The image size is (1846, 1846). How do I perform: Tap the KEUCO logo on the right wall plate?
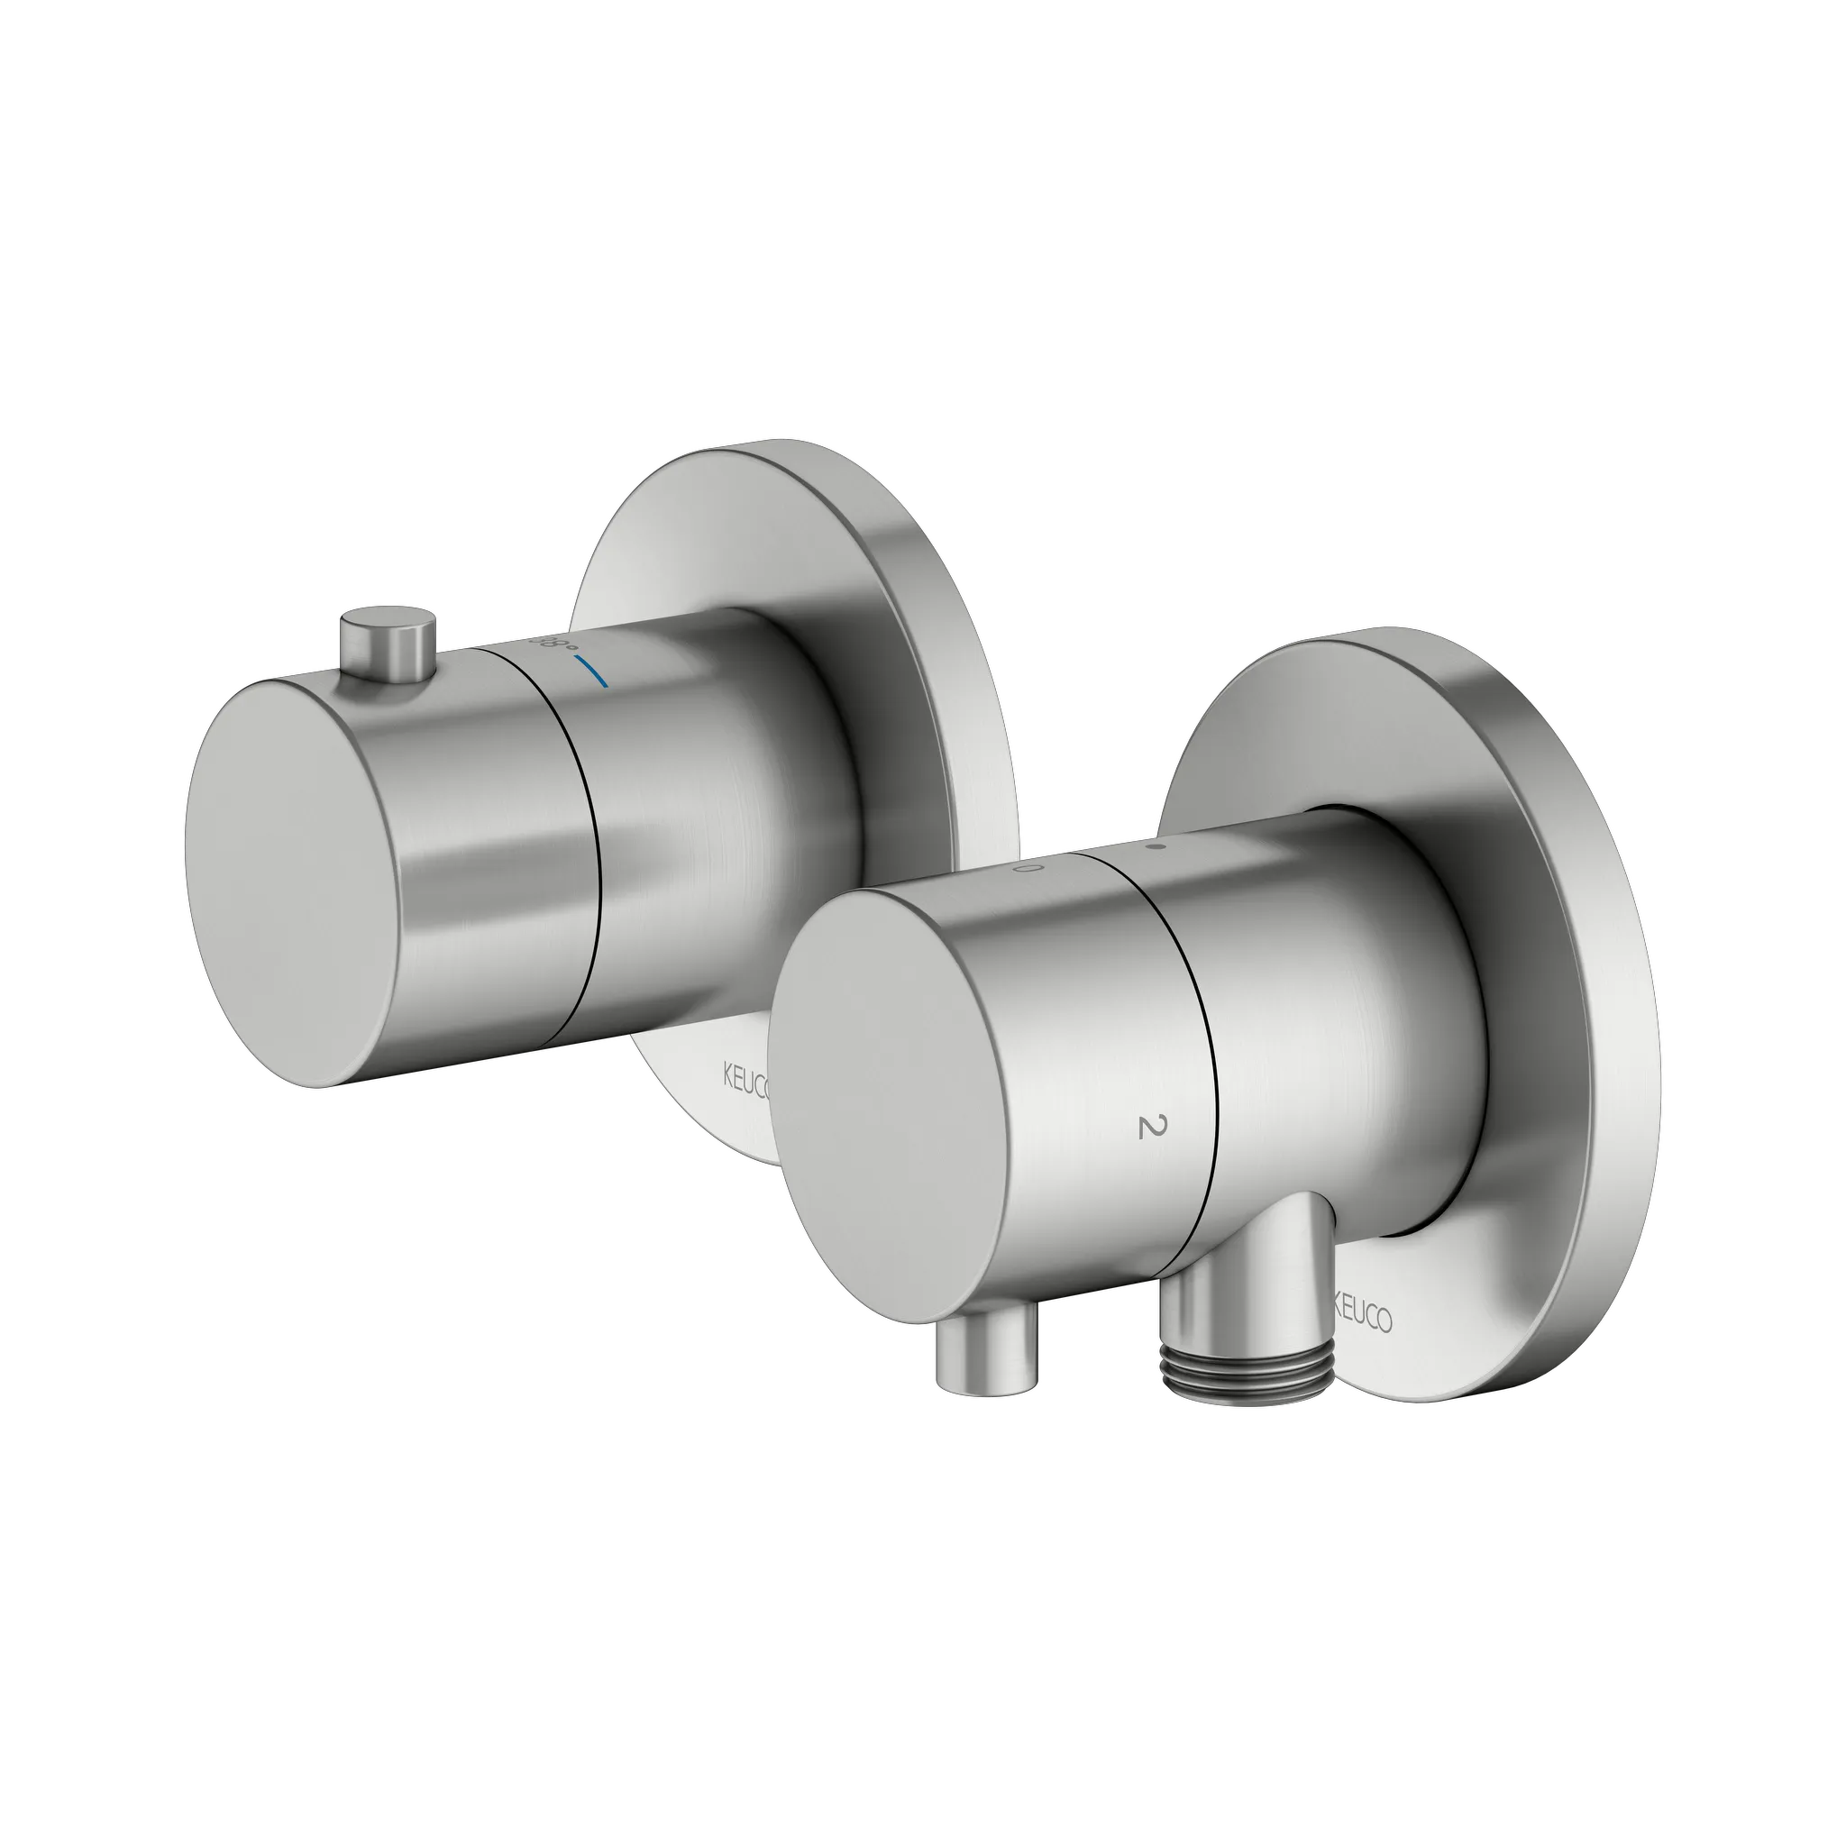(1362, 1319)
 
